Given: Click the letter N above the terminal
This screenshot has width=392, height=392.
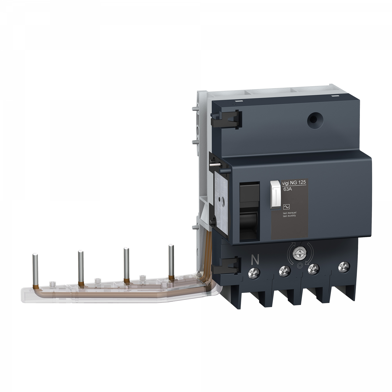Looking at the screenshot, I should point(255,260).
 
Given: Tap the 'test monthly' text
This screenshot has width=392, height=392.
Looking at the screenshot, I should point(289,216).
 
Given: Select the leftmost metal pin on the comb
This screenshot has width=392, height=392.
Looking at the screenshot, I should point(34,269).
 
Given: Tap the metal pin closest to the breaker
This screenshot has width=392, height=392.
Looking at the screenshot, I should point(171,260).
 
